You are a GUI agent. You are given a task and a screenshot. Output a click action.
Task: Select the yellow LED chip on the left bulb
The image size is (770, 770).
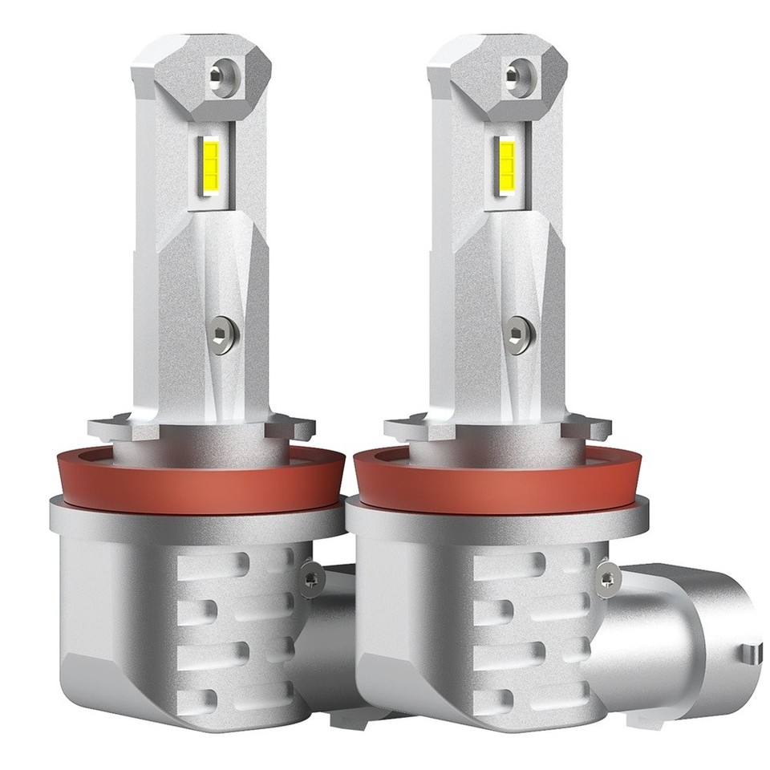click(x=213, y=164)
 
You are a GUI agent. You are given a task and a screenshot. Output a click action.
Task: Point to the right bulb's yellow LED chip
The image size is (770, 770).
click(x=509, y=162)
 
